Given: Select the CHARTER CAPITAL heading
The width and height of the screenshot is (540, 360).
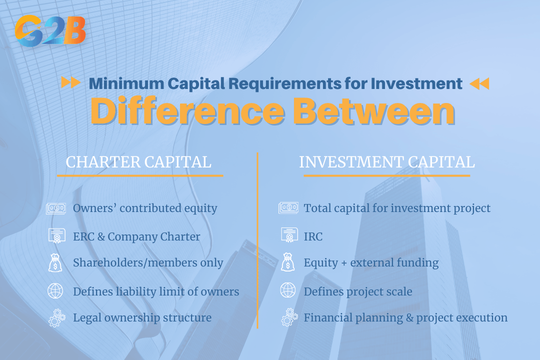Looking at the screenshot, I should click(138, 162).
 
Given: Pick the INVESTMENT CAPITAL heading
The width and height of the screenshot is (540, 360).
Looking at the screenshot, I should click(387, 162).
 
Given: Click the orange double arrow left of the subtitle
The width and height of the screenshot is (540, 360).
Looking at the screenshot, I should click(70, 83).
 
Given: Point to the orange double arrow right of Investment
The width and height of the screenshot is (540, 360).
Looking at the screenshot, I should click(479, 83).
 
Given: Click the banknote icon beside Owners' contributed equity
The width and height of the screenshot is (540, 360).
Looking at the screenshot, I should click(56, 208).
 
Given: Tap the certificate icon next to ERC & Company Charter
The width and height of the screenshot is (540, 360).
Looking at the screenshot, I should click(56, 236).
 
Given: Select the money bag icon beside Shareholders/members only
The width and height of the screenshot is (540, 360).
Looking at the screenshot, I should click(55, 262).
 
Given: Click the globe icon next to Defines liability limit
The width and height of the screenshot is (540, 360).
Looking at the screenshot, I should click(55, 291).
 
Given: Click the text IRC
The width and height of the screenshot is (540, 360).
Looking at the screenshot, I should click(313, 236).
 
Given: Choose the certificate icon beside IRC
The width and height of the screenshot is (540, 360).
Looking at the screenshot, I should click(288, 236).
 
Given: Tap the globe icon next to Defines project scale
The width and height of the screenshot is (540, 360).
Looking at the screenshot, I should click(288, 291).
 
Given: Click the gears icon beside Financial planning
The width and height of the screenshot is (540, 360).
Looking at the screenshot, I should click(288, 318).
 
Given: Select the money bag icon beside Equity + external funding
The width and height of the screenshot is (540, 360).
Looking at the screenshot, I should click(288, 262).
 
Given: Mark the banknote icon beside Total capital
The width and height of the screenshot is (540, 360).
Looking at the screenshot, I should click(288, 208).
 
